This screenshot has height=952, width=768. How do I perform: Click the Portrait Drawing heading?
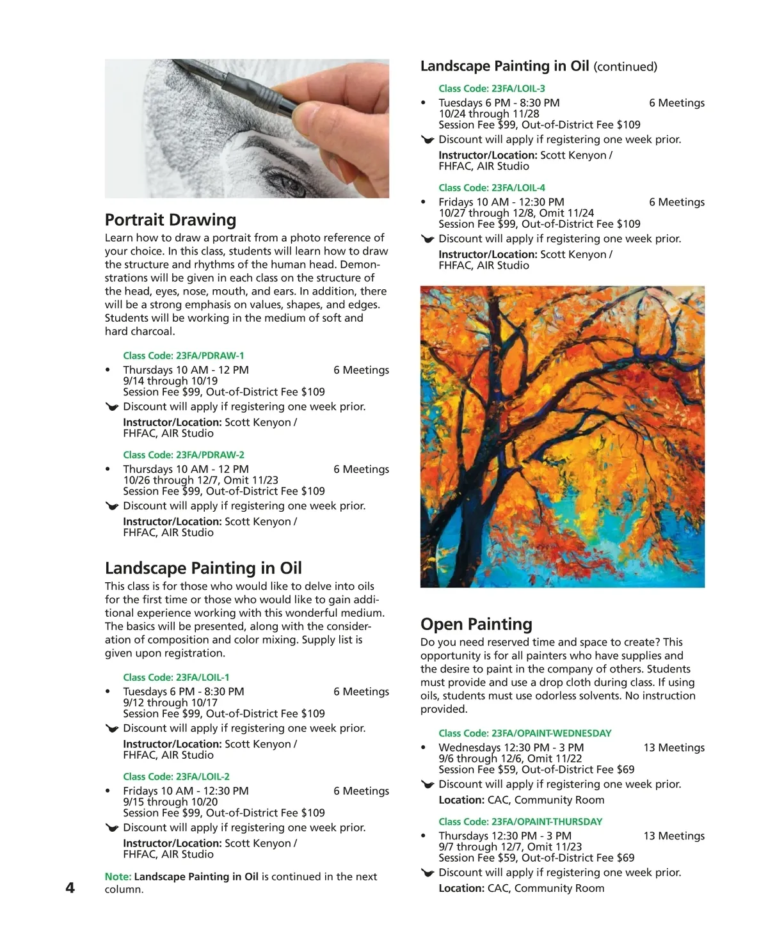point(170,220)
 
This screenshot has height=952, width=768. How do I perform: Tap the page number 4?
point(70,887)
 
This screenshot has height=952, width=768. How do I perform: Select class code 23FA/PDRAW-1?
point(184,356)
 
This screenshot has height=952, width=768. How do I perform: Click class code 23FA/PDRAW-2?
point(184,455)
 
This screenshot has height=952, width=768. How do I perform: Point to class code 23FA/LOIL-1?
point(176,678)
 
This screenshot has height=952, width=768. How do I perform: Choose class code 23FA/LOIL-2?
point(176,777)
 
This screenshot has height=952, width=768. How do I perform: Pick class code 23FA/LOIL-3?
point(492,89)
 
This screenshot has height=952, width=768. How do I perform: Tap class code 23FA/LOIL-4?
point(492,188)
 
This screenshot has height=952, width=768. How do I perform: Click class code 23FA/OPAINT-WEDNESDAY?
point(525,733)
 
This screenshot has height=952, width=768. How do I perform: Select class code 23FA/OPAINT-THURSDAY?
point(520,821)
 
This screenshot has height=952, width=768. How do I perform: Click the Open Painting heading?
point(476,624)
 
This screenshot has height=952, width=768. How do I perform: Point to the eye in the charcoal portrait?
point(292,186)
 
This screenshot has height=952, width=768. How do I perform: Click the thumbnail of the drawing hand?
point(247,129)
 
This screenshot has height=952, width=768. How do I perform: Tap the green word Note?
point(118,877)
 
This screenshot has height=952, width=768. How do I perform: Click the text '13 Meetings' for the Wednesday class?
point(674,748)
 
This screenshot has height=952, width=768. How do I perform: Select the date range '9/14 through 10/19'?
point(170,381)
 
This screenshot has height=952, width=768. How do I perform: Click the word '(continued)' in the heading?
point(625,67)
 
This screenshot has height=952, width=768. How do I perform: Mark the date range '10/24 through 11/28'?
point(489,114)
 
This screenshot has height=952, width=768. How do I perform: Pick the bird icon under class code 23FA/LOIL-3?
point(428,140)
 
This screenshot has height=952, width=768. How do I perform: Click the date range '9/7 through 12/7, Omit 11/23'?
point(510,846)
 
